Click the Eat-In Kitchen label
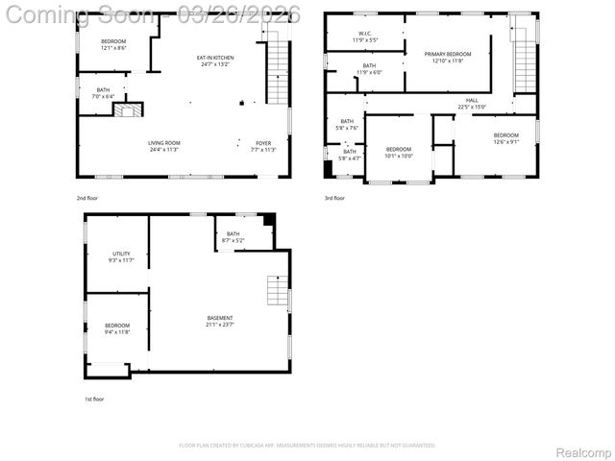tap(216, 61)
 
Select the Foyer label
tap(262, 146)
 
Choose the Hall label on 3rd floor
tap(472, 103)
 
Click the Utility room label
tap(121, 256)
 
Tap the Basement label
tap(220, 321)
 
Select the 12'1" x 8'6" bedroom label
tap(113, 44)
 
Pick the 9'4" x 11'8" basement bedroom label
tap(117, 328)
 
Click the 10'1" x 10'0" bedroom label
tap(399, 152)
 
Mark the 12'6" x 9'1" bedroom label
tap(505, 138)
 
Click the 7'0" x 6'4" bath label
tap(103, 93)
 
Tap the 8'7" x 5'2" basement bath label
tap(234, 236)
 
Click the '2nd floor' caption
tap(87, 198)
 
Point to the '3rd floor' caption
tap(334, 198)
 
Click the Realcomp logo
tap(583, 452)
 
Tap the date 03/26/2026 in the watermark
tap(245, 14)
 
